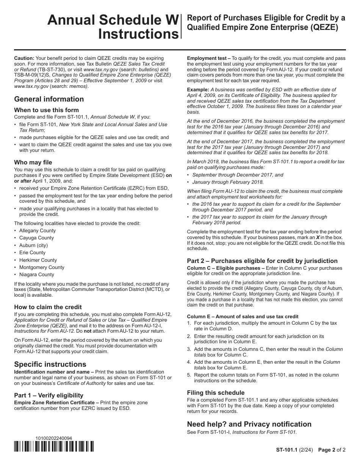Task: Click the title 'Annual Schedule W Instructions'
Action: point(113,27)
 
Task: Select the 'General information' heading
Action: point(49,99)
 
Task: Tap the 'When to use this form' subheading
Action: point(46,110)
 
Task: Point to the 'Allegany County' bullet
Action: point(37,231)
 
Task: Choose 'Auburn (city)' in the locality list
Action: point(33,245)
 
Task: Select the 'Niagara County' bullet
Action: point(36,275)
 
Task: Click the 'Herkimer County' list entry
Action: point(38,260)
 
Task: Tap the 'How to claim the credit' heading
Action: point(48,307)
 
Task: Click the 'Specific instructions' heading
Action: point(50,364)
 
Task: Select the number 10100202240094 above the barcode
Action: point(53,438)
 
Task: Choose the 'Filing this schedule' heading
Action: point(216,393)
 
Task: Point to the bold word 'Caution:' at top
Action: point(24,58)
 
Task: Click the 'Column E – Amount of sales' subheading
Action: point(243,316)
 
